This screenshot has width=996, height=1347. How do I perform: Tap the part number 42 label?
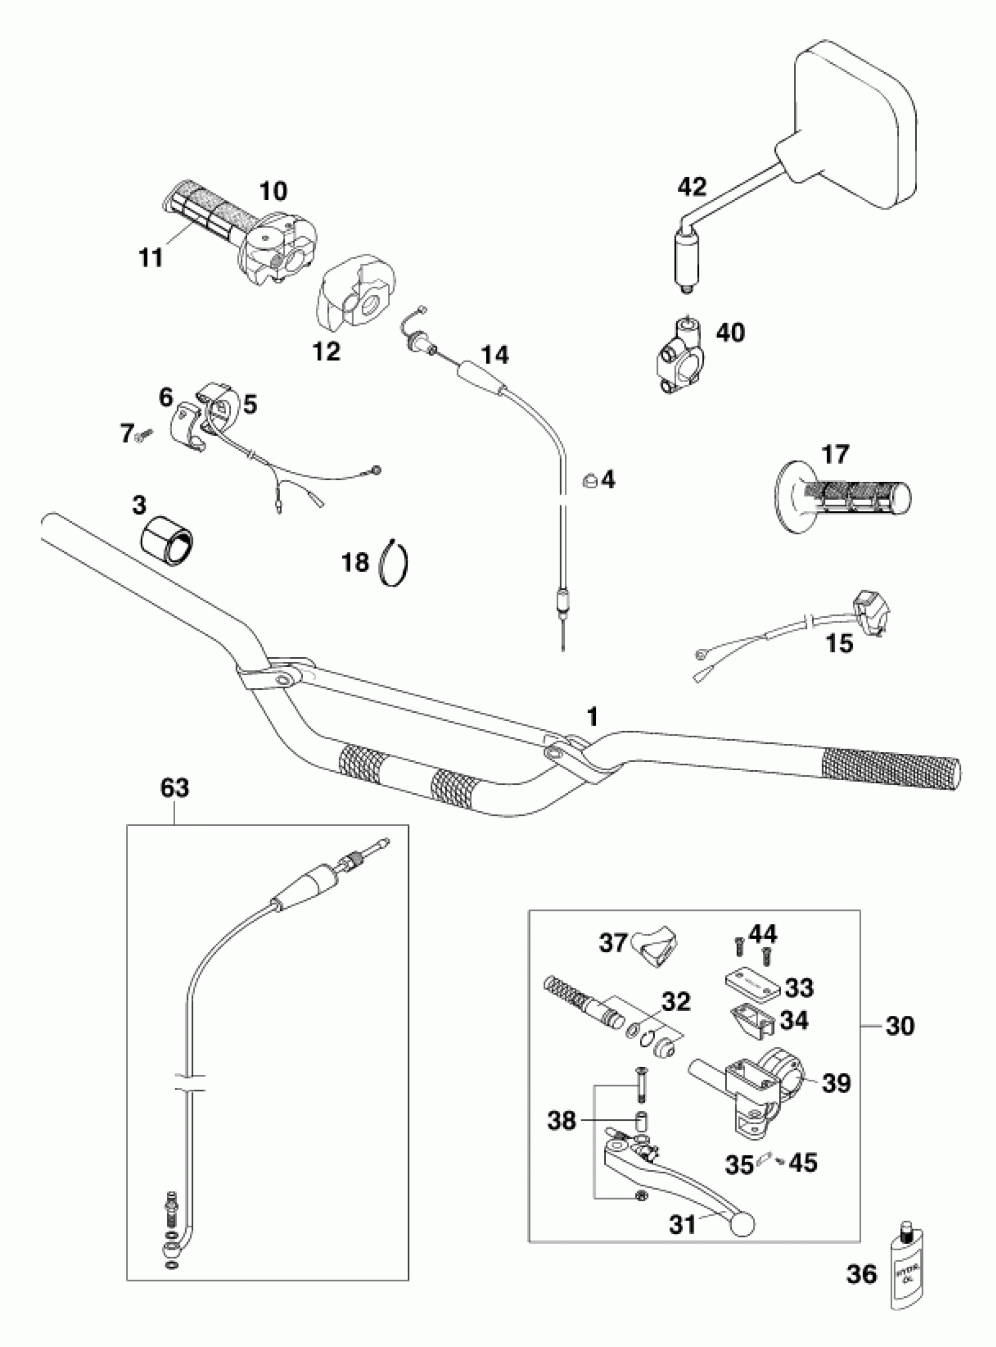(x=692, y=187)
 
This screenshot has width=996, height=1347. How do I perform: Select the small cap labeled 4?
(x=589, y=480)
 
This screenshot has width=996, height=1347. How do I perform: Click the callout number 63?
(x=175, y=787)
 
